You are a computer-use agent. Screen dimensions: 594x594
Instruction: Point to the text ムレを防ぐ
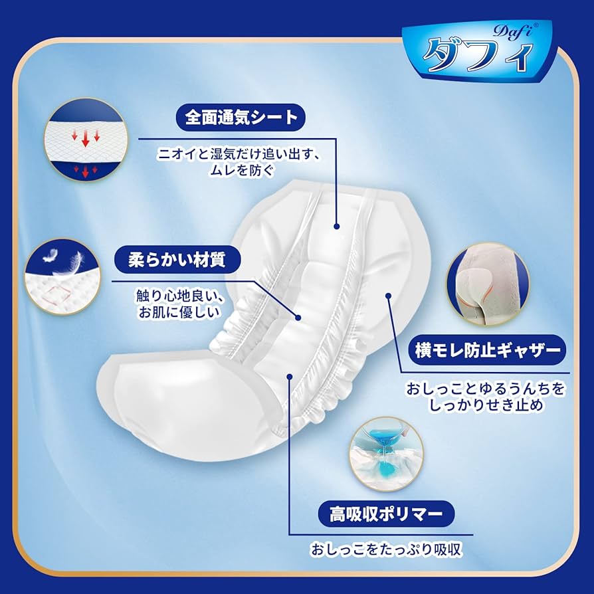240,170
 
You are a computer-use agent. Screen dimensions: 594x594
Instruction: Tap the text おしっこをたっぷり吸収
385,549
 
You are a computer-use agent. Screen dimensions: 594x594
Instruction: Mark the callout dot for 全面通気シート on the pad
337,226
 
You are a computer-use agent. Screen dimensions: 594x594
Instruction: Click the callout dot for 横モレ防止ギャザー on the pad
388,296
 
